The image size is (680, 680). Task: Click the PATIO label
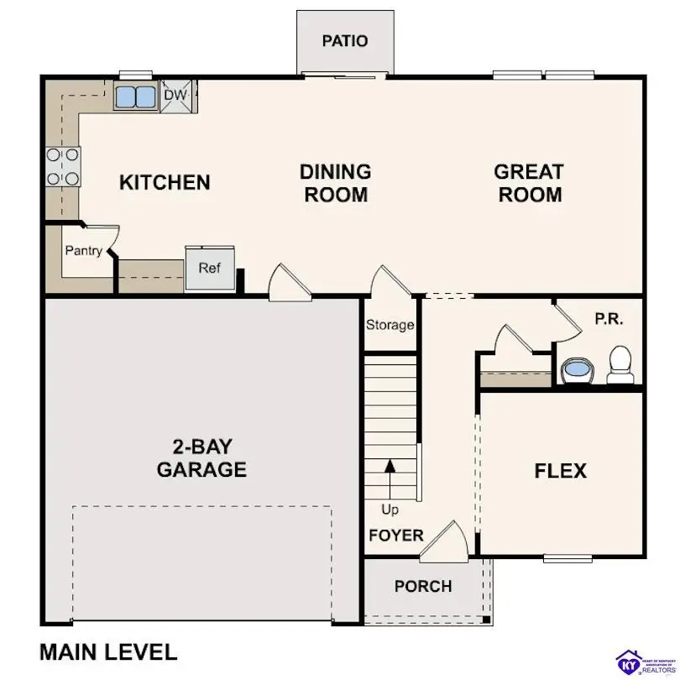point(345,40)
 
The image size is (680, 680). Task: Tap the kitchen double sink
point(135,96)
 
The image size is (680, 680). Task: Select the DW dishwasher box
point(175,95)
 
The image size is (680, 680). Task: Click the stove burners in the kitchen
point(63,166)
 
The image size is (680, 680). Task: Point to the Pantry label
point(84,250)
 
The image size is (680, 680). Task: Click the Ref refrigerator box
point(209,268)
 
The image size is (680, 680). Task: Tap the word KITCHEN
point(165,182)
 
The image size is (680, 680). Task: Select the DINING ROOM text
point(335,183)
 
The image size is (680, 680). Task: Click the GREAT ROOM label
point(528,183)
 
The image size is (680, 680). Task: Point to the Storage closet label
point(390,324)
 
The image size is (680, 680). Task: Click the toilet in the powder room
point(620,363)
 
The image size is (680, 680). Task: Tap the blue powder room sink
point(577,369)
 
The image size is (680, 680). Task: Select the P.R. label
point(609,320)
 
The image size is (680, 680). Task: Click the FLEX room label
point(560,471)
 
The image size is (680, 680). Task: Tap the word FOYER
point(395,535)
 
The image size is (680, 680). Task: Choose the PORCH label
point(423,586)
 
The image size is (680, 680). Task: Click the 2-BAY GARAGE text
point(201,458)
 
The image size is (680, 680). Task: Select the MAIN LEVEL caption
point(108,651)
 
